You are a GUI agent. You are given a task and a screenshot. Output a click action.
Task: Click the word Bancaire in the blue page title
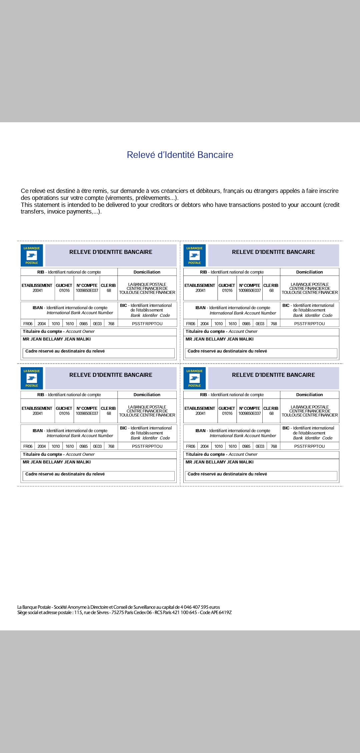coord(215,155)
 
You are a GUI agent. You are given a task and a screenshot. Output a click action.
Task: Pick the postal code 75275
coord(117,612)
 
